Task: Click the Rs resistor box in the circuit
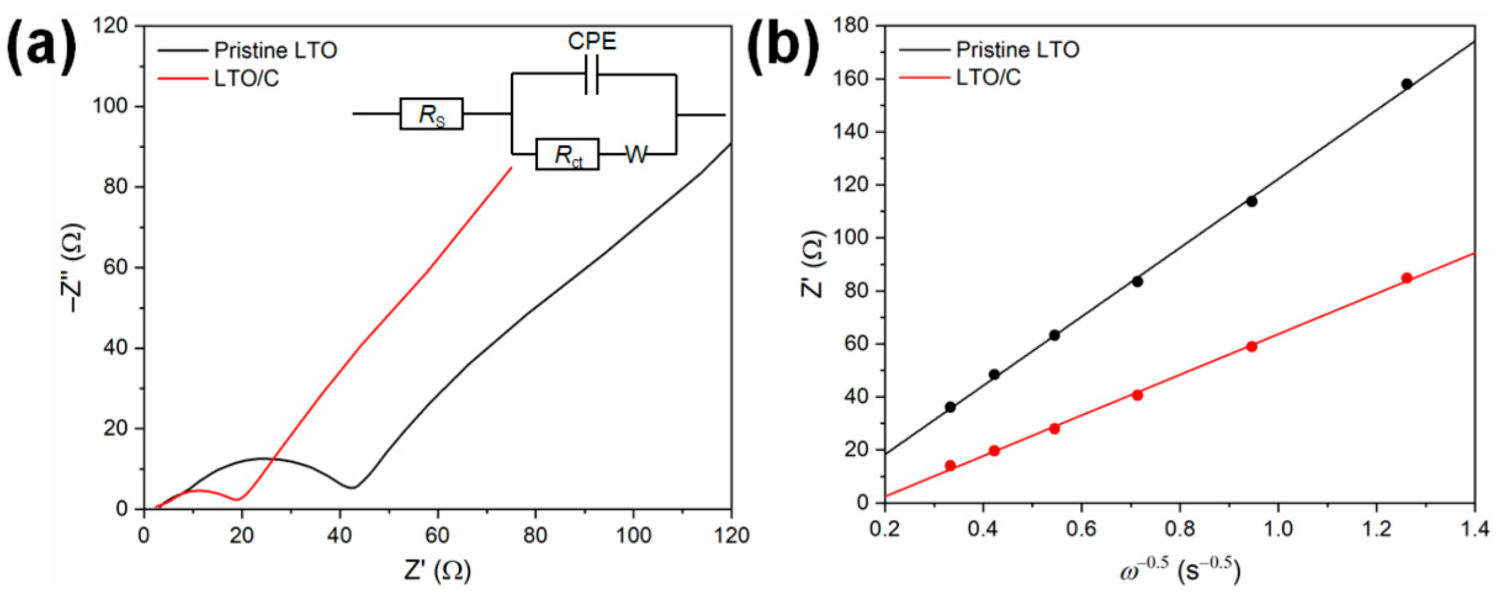(431, 114)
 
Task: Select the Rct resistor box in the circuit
(567, 154)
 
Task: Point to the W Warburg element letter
(636, 155)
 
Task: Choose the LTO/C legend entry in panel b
(988, 77)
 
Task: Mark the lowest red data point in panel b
(950, 465)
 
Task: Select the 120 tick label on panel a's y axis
(114, 26)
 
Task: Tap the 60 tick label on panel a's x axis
(437, 535)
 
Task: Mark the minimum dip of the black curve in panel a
(352, 488)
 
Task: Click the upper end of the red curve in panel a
(512, 168)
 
